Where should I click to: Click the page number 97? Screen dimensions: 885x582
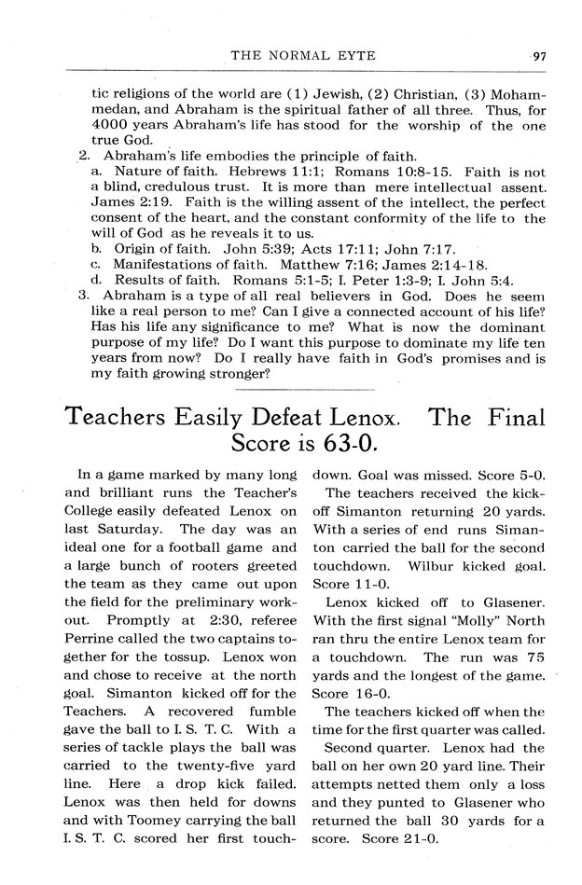(540, 56)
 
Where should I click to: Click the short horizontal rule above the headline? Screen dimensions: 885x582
(305, 387)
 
